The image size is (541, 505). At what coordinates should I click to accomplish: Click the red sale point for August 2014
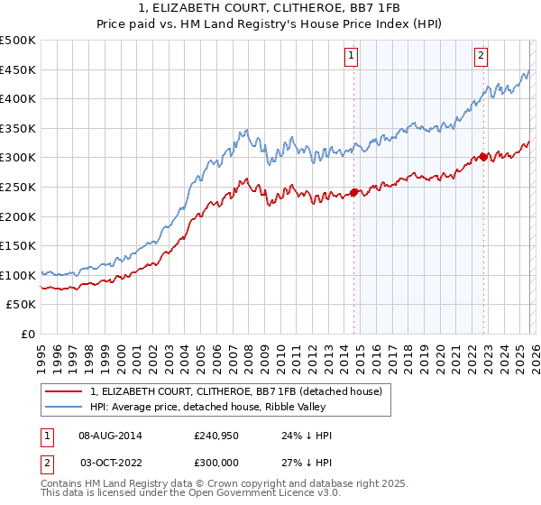click(x=354, y=191)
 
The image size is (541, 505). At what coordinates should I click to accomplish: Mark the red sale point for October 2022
click(x=484, y=157)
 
